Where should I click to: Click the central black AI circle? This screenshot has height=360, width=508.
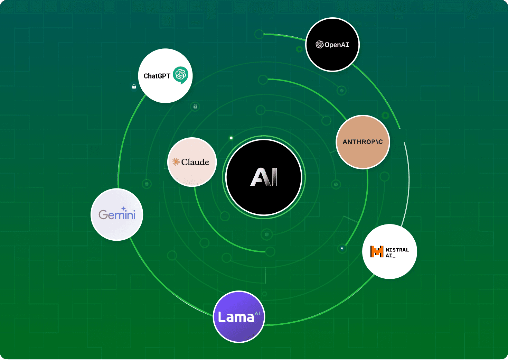pyautogui.click(x=264, y=177)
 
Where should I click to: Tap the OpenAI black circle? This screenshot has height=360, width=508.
pyautogui.click(x=332, y=45)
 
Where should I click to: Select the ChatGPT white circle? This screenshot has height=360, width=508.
pyautogui.click(x=165, y=76)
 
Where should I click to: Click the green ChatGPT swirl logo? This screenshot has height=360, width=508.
pyautogui.click(x=180, y=74)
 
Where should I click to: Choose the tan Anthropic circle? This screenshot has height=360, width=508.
pyautogui.click(x=363, y=142)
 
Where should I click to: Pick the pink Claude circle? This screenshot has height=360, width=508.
pyautogui.click(x=192, y=162)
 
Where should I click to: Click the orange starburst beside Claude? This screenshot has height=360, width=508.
pyautogui.click(x=176, y=162)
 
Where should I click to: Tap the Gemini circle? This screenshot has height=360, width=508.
pyautogui.click(x=117, y=214)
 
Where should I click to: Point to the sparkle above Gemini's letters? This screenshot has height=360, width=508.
pyautogui.click(x=123, y=209)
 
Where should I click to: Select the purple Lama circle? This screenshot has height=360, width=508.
pyautogui.click(x=239, y=317)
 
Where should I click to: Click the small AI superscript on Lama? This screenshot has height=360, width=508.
pyautogui.click(x=257, y=313)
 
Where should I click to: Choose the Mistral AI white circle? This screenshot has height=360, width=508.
pyautogui.click(x=389, y=251)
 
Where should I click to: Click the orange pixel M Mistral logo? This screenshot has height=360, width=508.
pyautogui.click(x=377, y=251)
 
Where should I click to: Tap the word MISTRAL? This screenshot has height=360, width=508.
pyautogui.click(x=397, y=250)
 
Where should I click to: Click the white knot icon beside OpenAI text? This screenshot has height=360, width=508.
pyautogui.click(x=320, y=45)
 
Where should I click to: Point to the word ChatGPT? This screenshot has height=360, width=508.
pyautogui.click(x=157, y=76)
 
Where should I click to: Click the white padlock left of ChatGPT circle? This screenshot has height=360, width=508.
pyautogui.click(x=134, y=86)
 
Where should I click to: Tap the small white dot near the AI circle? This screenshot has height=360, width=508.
pyautogui.click(x=231, y=138)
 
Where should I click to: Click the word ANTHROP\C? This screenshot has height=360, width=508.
pyautogui.click(x=363, y=142)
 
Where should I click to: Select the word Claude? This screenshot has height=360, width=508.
pyautogui.click(x=195, y=162)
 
